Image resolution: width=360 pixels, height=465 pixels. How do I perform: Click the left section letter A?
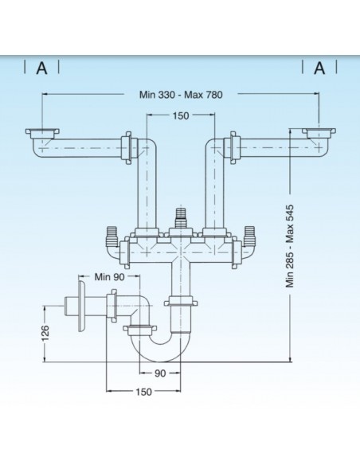(41, 68)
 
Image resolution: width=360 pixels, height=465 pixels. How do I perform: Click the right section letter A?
(319, 68)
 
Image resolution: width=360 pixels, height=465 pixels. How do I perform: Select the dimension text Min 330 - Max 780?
(181, 95)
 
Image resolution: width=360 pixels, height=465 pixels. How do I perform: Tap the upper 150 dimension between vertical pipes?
(181, 115)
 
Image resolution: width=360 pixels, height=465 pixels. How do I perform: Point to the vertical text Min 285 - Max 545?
(289, 246)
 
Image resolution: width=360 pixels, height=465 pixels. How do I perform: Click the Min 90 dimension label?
(109, 276)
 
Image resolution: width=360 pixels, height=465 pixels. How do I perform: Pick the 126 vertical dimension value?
(45, 334)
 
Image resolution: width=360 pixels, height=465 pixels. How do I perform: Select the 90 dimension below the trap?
(160, 373)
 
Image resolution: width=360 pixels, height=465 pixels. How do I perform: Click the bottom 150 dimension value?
(144, 392)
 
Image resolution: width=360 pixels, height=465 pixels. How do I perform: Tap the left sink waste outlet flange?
(42, 133)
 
